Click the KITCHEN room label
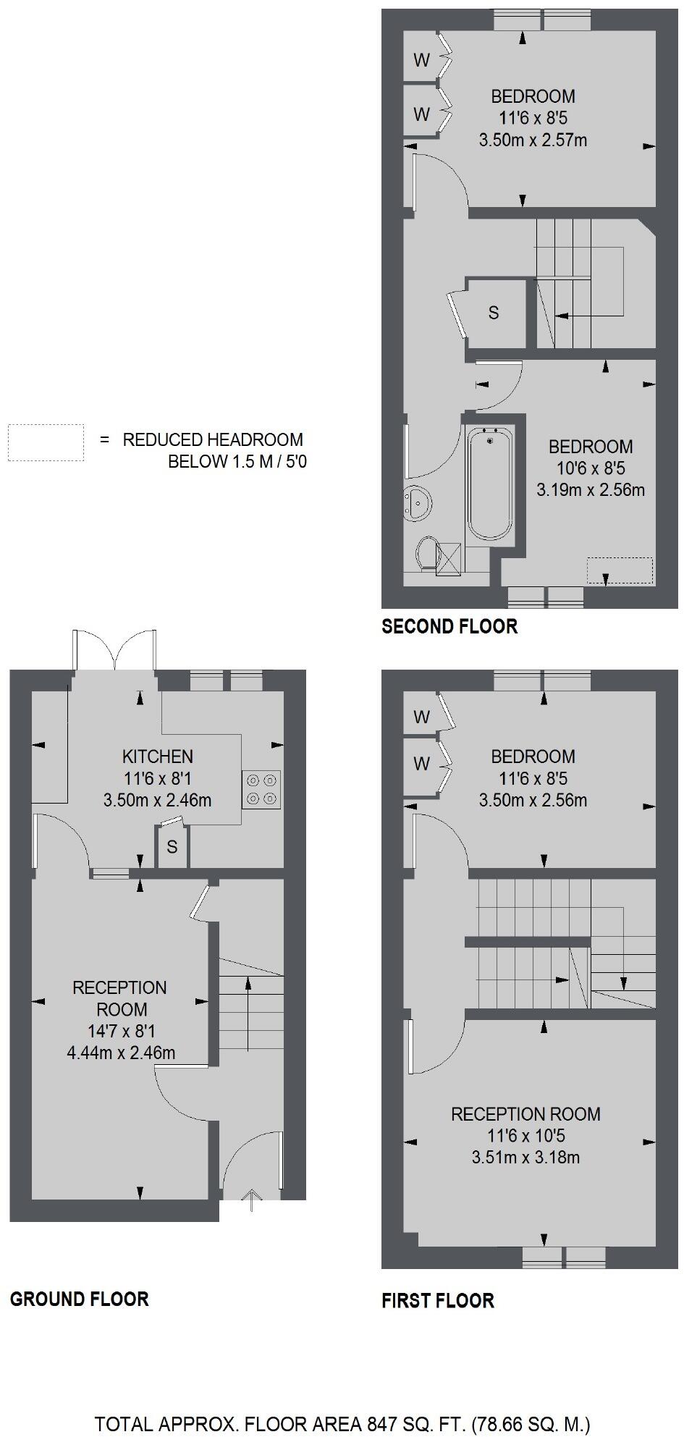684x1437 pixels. [x=158, y=757]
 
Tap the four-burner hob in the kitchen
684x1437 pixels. [x=262, y=789]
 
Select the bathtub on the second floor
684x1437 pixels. [x=491, y=483]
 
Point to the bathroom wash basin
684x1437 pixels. [x=418, y=502]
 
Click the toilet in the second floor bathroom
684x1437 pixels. [x=428, y=554]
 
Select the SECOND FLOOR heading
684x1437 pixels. [x=449, y=627]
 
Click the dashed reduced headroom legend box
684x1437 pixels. [x=46, y=442]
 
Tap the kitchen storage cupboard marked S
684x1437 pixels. [x=172, y=846]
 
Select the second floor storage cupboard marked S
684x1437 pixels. [x=494, y=313]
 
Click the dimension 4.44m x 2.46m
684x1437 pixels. [x=121, y=1053]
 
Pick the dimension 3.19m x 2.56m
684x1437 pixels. [x=591, y=490]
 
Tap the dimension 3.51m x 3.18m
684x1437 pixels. [x=525, y=1158]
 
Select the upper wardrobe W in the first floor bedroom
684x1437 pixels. [x=421, y=717]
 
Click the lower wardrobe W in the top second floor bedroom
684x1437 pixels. [x=421, y=114]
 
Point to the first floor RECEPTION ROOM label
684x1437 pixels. [x=526, y=1114]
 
